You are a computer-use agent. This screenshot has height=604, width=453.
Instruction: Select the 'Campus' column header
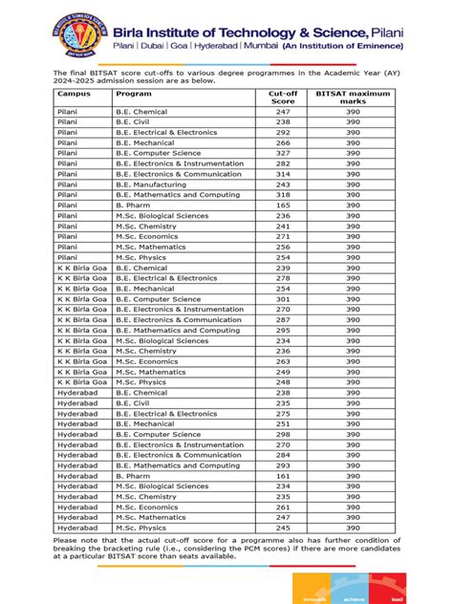(74, 95)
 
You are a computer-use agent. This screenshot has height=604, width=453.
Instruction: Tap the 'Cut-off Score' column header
(283, 99)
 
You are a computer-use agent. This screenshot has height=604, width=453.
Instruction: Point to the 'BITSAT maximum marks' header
(354, 99)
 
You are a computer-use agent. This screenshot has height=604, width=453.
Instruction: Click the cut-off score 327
(283, 152)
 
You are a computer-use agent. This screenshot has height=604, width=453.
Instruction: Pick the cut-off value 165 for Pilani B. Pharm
(283, 205)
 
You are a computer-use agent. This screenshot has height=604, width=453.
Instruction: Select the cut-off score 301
(283, 298)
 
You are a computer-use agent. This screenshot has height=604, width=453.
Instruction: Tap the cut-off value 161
(283, 475)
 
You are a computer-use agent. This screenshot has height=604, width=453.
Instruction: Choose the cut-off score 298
(283, 434)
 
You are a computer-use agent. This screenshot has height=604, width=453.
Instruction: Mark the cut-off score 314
(283, 174)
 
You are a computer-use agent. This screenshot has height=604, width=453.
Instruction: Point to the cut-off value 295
(283, 330)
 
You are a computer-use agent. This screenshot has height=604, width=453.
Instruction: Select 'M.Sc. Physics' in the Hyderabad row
(140, 527)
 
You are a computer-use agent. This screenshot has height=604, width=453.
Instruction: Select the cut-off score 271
(283, 236)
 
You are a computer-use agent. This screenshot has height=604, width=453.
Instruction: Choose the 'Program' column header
(134, 95)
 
